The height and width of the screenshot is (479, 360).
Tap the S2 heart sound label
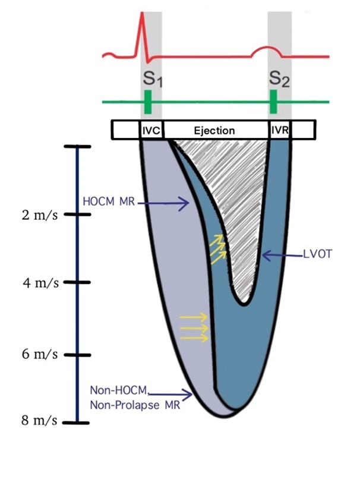point(279,80)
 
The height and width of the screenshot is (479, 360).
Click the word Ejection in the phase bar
point(215,130)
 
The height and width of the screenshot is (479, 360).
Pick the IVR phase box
point(279,130)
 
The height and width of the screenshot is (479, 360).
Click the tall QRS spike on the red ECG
point(143,24)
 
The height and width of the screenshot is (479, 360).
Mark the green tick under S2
point(274,102)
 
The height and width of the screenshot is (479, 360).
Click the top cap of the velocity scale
point(77,147)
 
